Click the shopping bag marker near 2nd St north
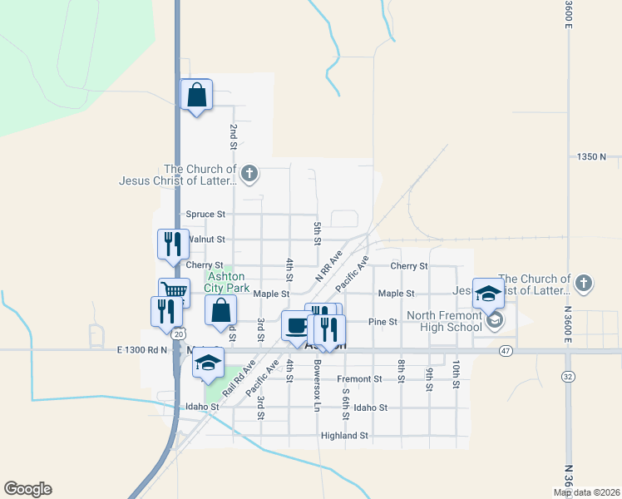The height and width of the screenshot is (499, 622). [196, 96]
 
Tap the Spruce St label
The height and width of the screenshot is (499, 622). [205, 214]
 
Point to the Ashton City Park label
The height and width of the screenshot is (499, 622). [228, 282]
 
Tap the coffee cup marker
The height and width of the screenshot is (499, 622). [297, 325]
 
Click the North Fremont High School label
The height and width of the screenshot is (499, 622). [444, 321]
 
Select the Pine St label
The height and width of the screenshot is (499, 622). [383, 321]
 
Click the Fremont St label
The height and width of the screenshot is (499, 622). [359, 378]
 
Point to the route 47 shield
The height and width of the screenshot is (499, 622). [505, 352]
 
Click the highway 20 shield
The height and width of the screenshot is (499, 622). [180, 333]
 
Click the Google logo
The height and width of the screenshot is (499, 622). [27, 489]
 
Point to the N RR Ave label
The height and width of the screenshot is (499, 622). [329, 264]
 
